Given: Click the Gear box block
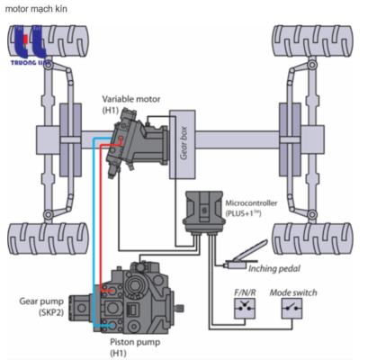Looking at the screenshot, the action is click(183, 144).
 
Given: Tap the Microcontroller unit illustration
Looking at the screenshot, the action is click(204, 211).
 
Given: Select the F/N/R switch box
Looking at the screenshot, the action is click(245, 309).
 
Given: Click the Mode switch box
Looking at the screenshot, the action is click(292, 309).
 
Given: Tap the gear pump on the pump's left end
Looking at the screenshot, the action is click(80, 308).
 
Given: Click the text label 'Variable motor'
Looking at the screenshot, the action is click(131, 99).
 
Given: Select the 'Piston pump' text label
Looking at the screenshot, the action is click(135, 342).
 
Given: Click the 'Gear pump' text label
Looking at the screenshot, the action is click(41, 301).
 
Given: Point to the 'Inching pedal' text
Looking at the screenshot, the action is click(274, 268).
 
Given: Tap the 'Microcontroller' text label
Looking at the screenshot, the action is click(251, 203).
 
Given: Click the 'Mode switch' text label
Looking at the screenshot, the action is click(293, 292).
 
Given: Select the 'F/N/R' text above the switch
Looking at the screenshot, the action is click(245, 292).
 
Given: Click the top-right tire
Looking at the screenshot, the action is click(312, 41).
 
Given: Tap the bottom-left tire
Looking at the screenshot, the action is click(48, 238).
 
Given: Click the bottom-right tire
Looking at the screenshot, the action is click(312, 238).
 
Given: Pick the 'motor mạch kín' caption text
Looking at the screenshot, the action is click(36, 9).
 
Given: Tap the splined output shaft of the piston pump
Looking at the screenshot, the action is click(179, 308).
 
